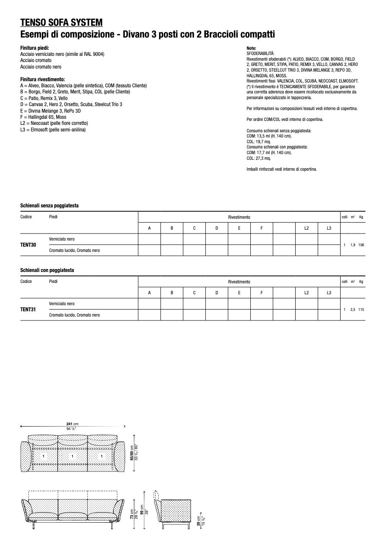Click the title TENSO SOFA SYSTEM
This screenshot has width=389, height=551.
pyautogui.click(x=61, y=23)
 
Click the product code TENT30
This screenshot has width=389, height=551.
pyautogui.click(x=28, y=245)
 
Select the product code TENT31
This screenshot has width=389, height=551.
pyautogui.click(x=28, y=310)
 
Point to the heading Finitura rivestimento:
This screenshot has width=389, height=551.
pyautogui.click(x=42, y=79)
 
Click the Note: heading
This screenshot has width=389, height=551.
pyautogui.click(x=251, y=48)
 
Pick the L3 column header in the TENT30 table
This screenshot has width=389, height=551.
pyautogui.click(x=329, y=228)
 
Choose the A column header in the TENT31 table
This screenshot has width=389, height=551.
pyautogui.click(x=149, y=293)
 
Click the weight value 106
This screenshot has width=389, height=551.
pyautogui.click(x=361, y=245)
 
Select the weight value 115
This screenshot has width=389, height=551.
pyautogui.click(x=361, y=310)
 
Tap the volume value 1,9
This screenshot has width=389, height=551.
pyautogui.click(x=353, y=245)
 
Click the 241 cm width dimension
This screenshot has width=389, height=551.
pyautogui.click(x=72, y=424)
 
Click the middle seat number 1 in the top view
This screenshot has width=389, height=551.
pyautogui.click(x=73, y=456)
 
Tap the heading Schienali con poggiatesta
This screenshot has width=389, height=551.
pyautogui.click(x=47, y=270)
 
